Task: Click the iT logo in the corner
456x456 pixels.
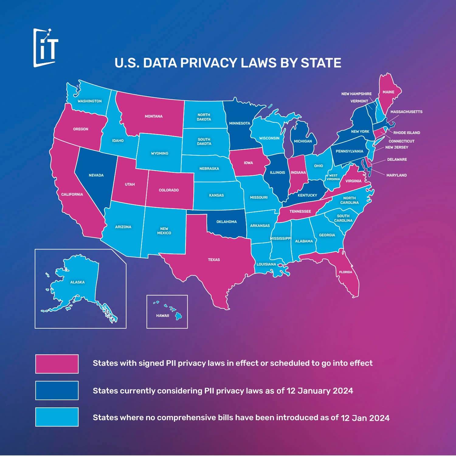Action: (x=46, y=48)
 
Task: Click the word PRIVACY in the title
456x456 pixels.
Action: (x=209, y=63)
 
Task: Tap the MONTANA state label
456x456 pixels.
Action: (x=154, y=116)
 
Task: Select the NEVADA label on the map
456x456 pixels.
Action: (x=96, y=175)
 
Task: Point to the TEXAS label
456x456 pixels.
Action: (x=214, y=260)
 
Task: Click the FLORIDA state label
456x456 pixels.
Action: (x=346, y=272)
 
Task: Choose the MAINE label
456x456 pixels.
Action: (x=388, y=92)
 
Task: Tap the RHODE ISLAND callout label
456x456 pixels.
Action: (x=406, y=133)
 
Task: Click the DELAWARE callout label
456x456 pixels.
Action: (x=397, y=159)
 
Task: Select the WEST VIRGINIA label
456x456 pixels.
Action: (x=333, y=177)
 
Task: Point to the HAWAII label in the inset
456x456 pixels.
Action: (x=163, y=316)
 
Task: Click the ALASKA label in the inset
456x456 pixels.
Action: (x=78, y=282)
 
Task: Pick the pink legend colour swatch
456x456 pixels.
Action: (x=57, y=364)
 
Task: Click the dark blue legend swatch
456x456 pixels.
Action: (x=57, y=390)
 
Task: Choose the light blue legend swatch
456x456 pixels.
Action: (x=57, y=417)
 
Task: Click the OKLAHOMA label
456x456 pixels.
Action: (x=226, y=222)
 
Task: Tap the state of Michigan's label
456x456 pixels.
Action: (x=303, y=141)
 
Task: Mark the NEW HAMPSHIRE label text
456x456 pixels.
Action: (x=356, y=94)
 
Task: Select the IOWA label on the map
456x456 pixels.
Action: (x=248, y=163)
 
